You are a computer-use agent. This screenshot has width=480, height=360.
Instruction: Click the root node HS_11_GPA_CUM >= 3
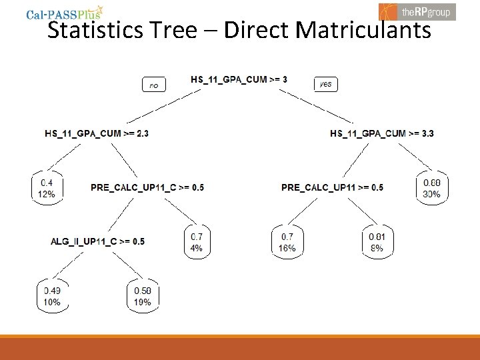[239, 79]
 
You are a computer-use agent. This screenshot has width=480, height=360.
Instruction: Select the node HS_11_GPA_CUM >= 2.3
[97, 133]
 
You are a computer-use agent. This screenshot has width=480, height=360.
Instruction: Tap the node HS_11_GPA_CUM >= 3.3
[382, 133]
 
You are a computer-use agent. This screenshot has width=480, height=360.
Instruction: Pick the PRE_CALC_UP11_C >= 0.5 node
[147, 187]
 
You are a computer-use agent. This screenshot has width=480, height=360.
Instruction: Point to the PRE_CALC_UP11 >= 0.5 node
[332, 187]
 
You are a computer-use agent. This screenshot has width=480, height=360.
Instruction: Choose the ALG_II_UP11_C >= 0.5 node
[97, 241]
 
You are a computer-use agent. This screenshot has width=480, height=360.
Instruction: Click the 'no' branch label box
[154, 85]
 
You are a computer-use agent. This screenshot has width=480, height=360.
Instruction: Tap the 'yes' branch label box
[325, 84]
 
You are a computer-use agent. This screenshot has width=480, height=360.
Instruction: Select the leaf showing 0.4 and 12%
[47, 188]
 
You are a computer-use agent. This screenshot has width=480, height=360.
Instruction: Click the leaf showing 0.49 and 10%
[52, 296]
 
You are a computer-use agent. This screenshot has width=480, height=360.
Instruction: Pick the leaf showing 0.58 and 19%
[143, 296]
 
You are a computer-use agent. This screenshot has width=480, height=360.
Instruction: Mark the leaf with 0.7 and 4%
[197, 242]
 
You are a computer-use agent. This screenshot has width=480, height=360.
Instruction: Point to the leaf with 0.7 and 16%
[287, 242]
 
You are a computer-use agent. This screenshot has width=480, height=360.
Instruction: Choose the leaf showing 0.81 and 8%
[377, 242]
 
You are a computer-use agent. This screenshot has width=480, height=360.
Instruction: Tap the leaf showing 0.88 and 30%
[432, 188]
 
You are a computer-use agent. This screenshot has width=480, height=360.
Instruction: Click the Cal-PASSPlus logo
[64, 13]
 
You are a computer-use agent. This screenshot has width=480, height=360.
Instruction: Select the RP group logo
[417, 11]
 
